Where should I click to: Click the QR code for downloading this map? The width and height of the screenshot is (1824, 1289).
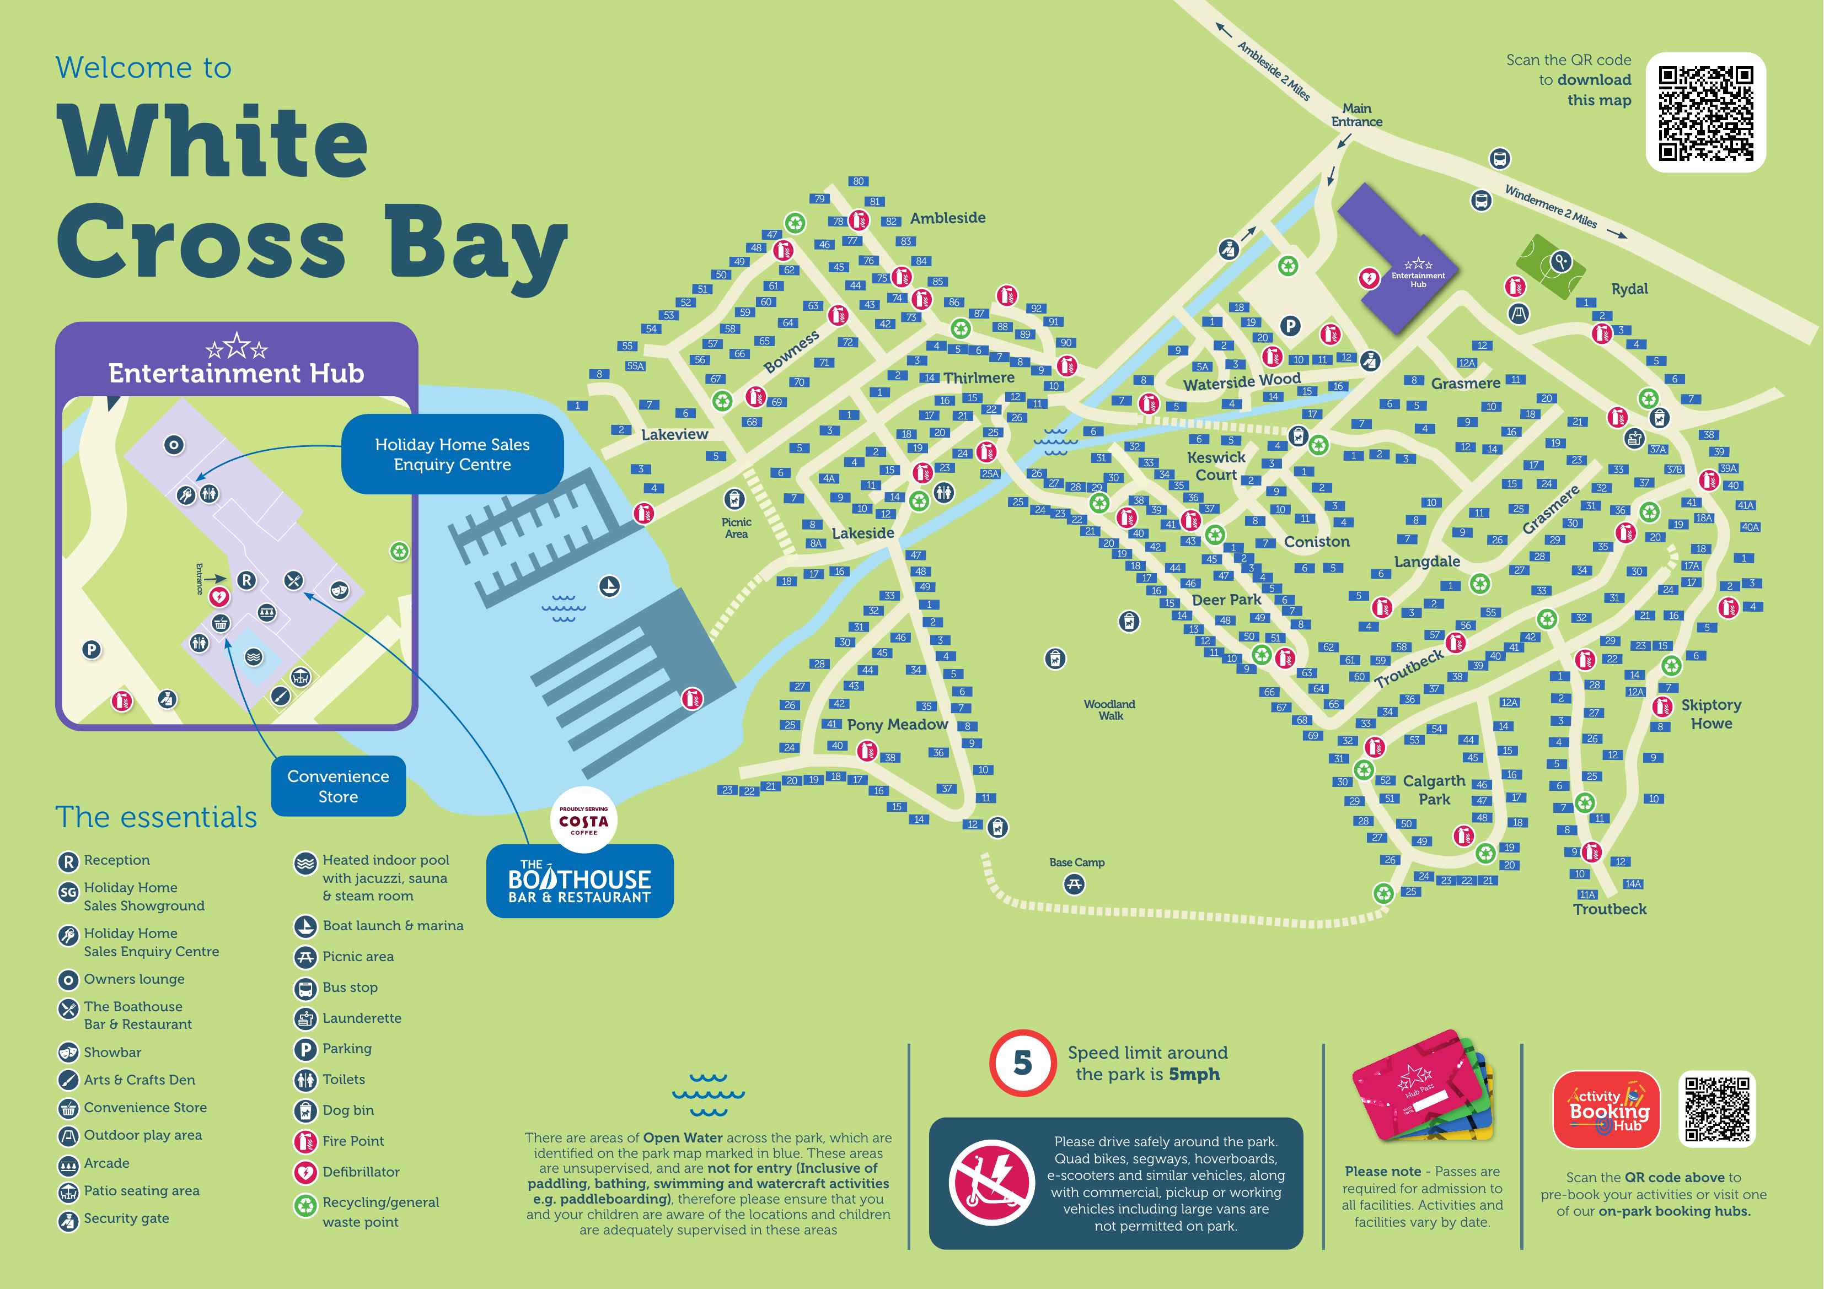pyautogui.click(x=1705, y=113)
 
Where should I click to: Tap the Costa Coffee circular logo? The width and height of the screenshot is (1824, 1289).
pyautogui.click(x=583, y=821)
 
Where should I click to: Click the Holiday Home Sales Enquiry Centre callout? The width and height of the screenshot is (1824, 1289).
pyautogui.click(x=452, y=454)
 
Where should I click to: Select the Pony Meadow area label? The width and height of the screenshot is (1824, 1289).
pyautogui.click(x=897, y=724)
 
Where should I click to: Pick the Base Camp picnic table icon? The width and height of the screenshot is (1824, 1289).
pyautogui.click(x=1074, y=883)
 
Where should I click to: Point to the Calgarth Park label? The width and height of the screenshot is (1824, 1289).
pyautogui.click(x=1434, y=790)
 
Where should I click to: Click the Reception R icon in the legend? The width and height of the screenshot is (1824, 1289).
pyautogui.click(x=68, y=861)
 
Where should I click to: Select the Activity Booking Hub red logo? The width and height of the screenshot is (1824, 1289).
pyautogui.click(x=1606, y=1109)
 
